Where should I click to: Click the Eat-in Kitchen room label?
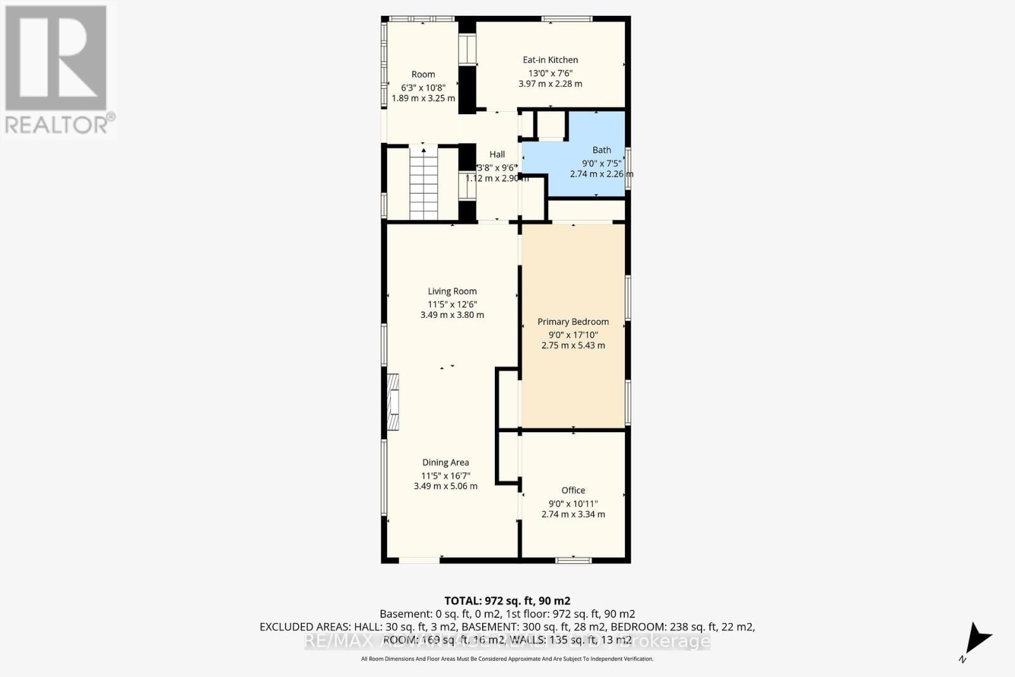click(x=550, y=60)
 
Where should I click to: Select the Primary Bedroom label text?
click(x=573, y=322)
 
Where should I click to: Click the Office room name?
click(x=573, y=490)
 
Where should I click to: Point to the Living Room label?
click(x=452, y=291)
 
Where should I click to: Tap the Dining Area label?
click(x=445, y=463)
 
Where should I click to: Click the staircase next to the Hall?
click(x=423, y=184)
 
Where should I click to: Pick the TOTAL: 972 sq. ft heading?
click(x=507, y=600)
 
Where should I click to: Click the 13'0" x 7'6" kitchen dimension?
click(x=550, y=72)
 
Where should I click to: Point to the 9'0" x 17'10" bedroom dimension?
click(x=573, y=334)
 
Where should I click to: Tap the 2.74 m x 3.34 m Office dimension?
click(x=573, y=514)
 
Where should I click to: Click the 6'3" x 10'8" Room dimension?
click(x=423, y=87)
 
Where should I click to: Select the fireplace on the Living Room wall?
click(x=394, y=402)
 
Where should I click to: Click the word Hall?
click(x=497, y=154)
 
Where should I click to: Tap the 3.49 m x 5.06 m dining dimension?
click(x=445, y=486)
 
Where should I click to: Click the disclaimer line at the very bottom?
click(x=507, y=659)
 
